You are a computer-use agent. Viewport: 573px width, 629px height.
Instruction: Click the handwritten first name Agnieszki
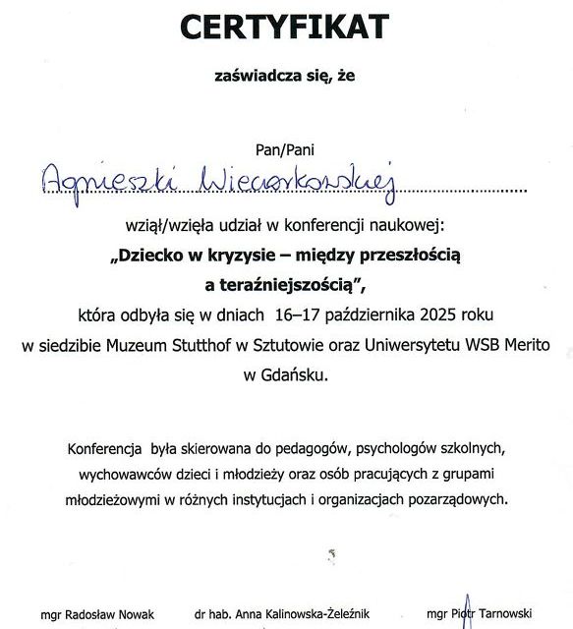click(104, 177)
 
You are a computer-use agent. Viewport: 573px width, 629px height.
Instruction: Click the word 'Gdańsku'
click(294, 374)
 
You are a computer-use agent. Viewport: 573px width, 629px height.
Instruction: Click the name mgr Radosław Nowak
click(97, 615)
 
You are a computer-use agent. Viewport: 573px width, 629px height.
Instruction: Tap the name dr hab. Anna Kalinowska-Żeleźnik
click(283, 615)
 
